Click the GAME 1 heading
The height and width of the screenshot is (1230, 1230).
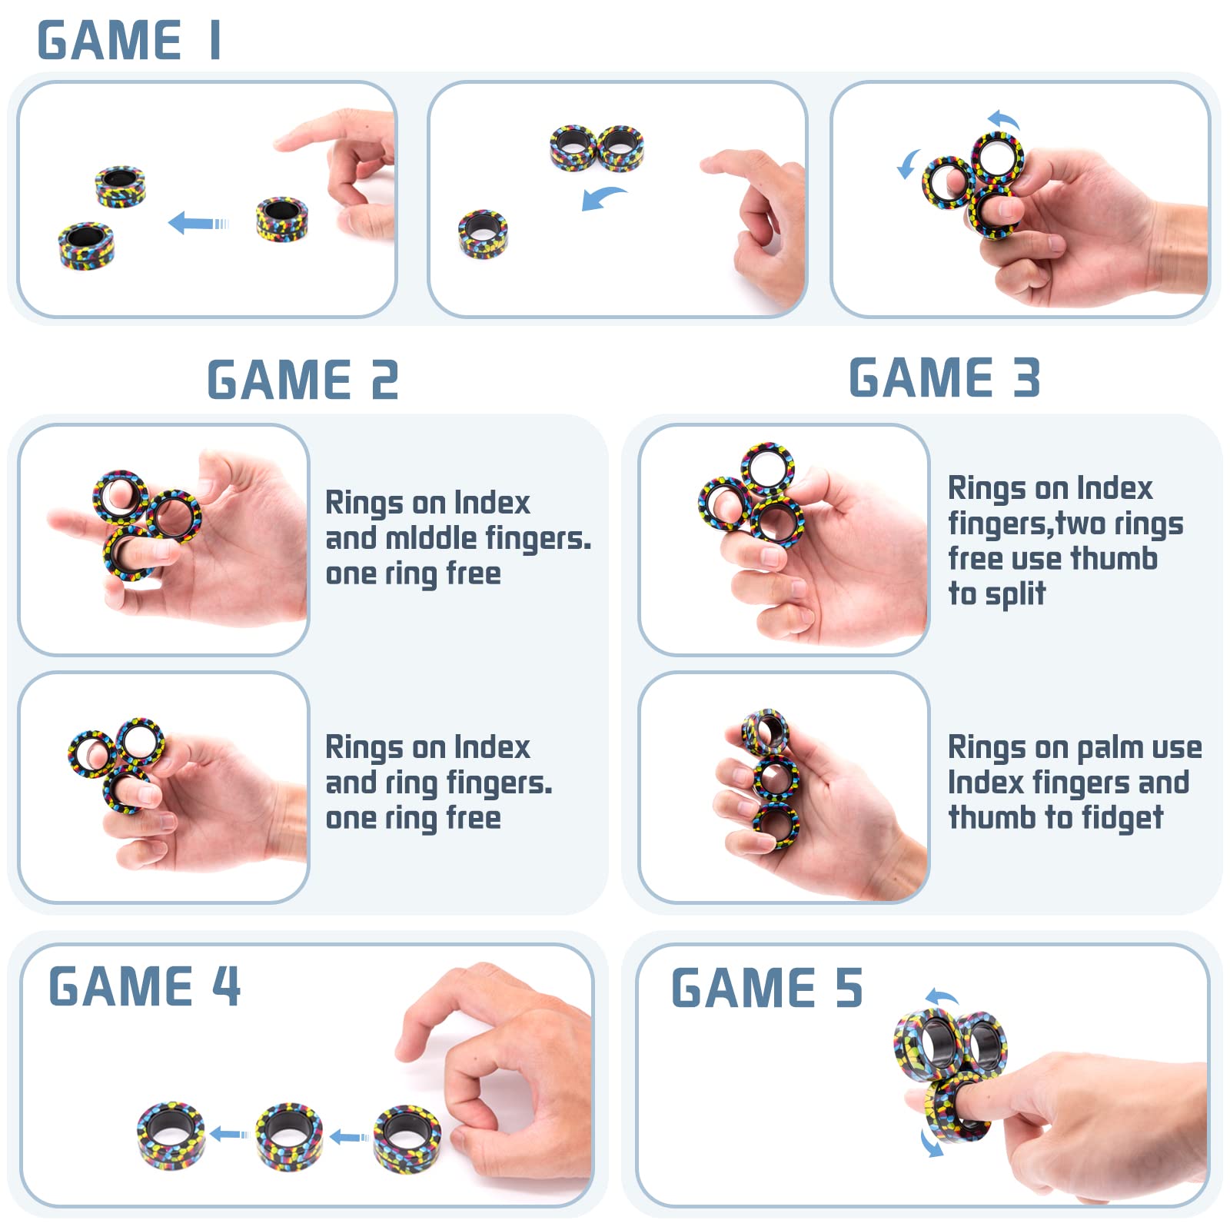coord(129,41)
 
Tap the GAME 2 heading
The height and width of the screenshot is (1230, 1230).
coord(303,380)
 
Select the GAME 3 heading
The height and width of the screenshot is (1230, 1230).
coord(945,377)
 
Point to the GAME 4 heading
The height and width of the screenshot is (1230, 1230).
coord(145,986)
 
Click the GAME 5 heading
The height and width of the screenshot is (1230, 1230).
coord(767,988)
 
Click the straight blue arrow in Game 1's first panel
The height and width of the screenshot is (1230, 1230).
coord(198,224)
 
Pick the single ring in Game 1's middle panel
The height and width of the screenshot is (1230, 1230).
coord(483,234)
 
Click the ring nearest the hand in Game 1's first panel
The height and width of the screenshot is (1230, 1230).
coord(282,219)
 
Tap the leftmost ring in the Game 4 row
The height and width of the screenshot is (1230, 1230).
coord(171,1135)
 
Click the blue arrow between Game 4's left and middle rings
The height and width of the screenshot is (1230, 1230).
coord(229,1134)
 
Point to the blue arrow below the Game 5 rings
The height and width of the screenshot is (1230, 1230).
coord(930,1144)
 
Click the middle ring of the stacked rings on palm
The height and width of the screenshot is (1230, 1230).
coord(775,779)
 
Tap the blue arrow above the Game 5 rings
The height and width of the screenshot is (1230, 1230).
coord(942,997)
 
